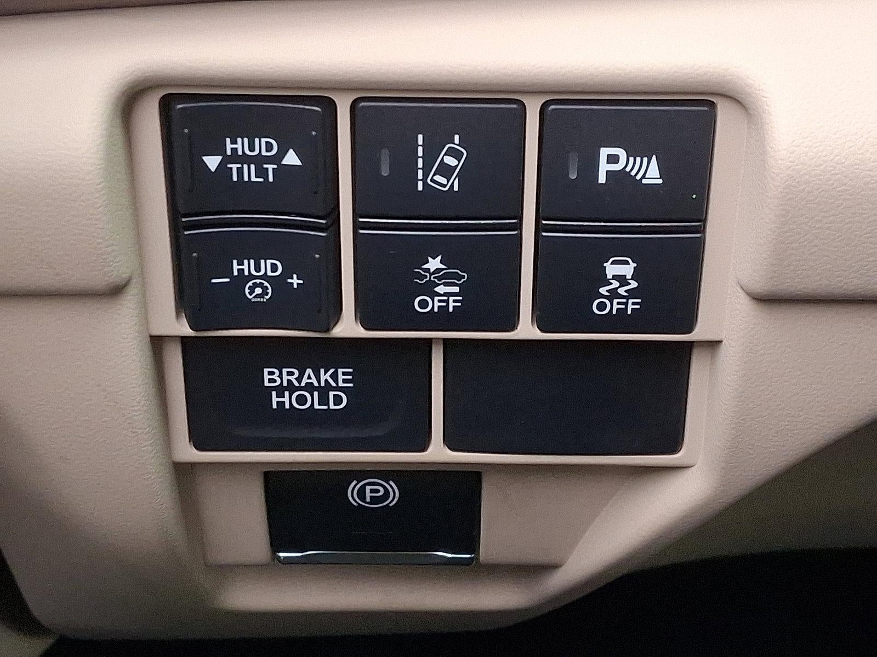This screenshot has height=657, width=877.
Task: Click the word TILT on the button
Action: tap(253, 174)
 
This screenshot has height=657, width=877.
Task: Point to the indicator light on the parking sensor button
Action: tap(574, 164)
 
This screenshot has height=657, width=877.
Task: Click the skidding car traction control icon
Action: tap(616, 277)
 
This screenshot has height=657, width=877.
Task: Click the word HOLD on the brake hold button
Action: tap(310, 400)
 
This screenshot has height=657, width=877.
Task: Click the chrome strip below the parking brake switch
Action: tap(374, 558)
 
